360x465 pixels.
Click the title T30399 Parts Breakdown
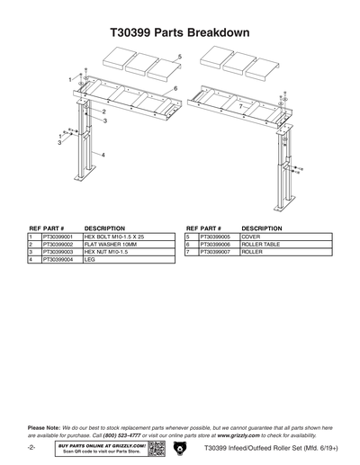(180, 32)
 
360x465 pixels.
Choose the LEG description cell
(90, 259)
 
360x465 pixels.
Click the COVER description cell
(251, 236)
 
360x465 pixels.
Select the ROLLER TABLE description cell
(262, 244)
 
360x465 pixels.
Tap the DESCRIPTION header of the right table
(262, 228)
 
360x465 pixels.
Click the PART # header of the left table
(55, 228)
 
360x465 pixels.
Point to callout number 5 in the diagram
(179, 57)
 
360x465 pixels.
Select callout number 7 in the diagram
(241, 106)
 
